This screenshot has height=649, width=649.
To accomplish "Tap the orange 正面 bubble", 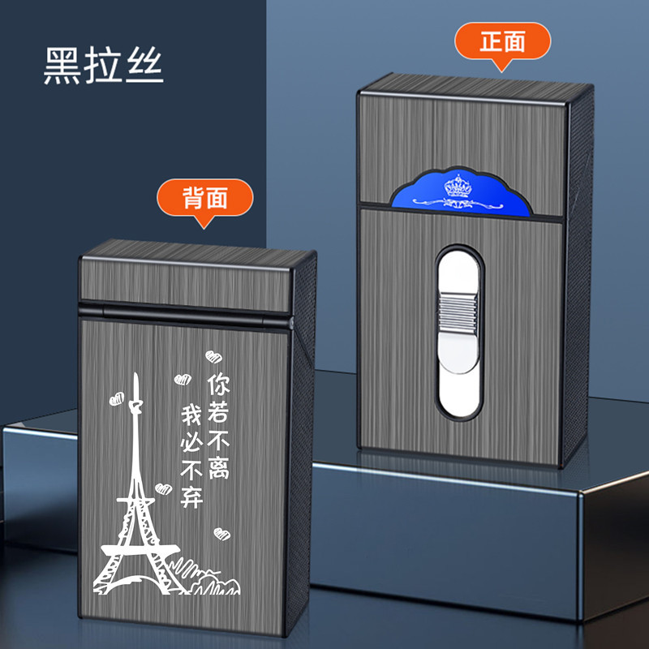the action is (x=502, y=41).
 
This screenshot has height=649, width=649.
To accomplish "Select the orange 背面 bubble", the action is (x=205, y=197).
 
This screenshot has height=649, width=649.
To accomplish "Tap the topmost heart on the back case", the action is (x=214, y=356).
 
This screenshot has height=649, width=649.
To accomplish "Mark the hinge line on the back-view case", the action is (x=187, y=312).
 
